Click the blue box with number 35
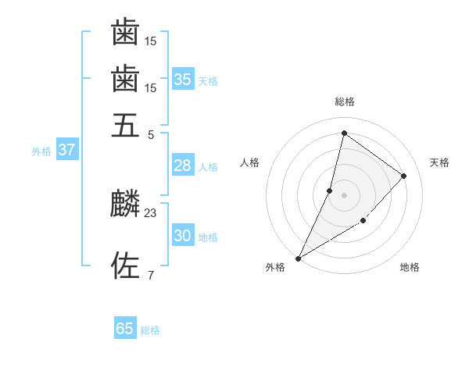pyautogui.click(x=182, y=80)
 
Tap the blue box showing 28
pyautogui.click(x=182, y=166)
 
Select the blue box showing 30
pyautogui.click(x=182, y=236)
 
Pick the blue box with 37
pyautogui.click(x=66, y=150)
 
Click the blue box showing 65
pyautogui.click(x=125, y=329)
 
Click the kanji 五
pyautogui.click(x=125, y=125)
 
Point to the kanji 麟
pyautogui.click(x=125, y=205)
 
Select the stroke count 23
pyautogui.click(x=151, y=212)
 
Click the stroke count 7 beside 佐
pyautogui.click(x=151, y=275)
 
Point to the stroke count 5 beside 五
pyautogui.click(x=151, y=134)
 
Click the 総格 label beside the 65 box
pyautogui.click(x=150, y=330)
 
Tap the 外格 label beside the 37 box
pyautogui.click(x=41, y=151)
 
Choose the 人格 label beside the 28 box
pyautogui.click(x=208, y=167)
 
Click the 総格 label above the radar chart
pyautogui.click(x=344, y=102)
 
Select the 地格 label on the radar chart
pyautogui.click(x=410, y=268)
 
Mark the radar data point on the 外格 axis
pyautogui.click(x=298, y=258)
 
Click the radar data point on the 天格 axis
pyautogui.click(x=404, y=176)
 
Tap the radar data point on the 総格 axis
pyautogui.click(x=344, y=133)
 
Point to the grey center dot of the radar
pyautogui.click(x=344, y=195)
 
